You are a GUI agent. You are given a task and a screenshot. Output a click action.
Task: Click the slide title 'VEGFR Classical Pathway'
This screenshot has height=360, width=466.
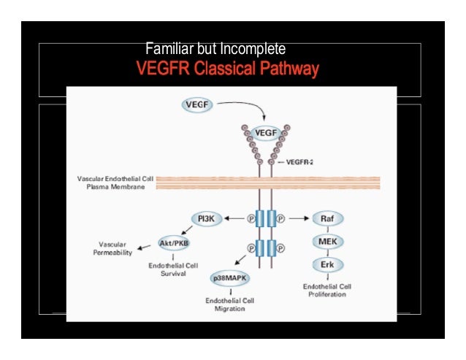pyautogui.click(x=228, y=70)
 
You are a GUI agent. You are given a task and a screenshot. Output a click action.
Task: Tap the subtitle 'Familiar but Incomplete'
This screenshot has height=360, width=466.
pyautogui.click(x=215, y=50)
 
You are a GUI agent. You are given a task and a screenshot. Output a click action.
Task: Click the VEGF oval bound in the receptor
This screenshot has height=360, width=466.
pyautogui.click(x=265, y=133)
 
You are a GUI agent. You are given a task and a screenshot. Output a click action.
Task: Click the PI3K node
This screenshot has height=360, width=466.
pyautogui.click(x=206, y=218)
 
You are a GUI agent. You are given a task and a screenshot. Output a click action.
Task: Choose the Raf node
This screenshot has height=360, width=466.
pyautogui.click(x=326, y=218)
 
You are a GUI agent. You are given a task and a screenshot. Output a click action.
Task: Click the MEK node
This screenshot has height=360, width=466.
pyautogui.click(x=326, y=241)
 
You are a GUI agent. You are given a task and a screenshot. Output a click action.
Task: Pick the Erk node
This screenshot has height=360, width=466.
pyautogui.click(x=326, y=264)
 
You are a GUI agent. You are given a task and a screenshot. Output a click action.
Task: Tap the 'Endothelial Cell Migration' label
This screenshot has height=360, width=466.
pyautogui.click(x=230, y=305)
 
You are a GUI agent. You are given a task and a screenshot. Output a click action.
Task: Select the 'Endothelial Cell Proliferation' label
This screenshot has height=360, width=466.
pyautogui.click(x=328, y=291)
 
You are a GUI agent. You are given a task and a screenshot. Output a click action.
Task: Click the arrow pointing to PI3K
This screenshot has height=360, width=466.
pyautogui.click(x=234, y=218)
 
